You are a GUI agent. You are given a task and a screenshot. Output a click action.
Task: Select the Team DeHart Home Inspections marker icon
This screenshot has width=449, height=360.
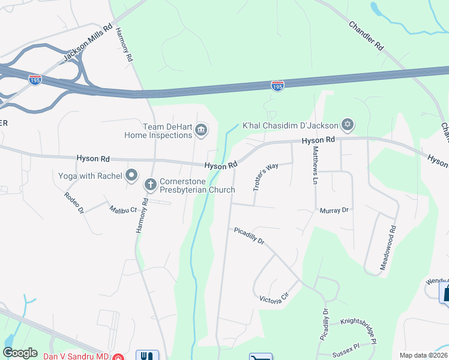202,130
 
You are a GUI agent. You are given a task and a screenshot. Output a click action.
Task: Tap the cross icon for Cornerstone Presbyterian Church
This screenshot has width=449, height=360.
150,185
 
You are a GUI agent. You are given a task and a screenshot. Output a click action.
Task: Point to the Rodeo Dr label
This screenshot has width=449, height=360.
74,202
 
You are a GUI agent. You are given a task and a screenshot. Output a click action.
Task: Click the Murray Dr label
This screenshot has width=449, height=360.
334,211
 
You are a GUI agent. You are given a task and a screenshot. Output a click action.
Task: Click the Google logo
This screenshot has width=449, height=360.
20,353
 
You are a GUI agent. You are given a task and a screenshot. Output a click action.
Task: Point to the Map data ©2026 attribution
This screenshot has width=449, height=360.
423,355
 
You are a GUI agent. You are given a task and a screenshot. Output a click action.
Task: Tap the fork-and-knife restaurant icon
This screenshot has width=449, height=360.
148,355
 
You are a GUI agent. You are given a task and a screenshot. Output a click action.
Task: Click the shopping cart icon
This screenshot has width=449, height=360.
260,357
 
